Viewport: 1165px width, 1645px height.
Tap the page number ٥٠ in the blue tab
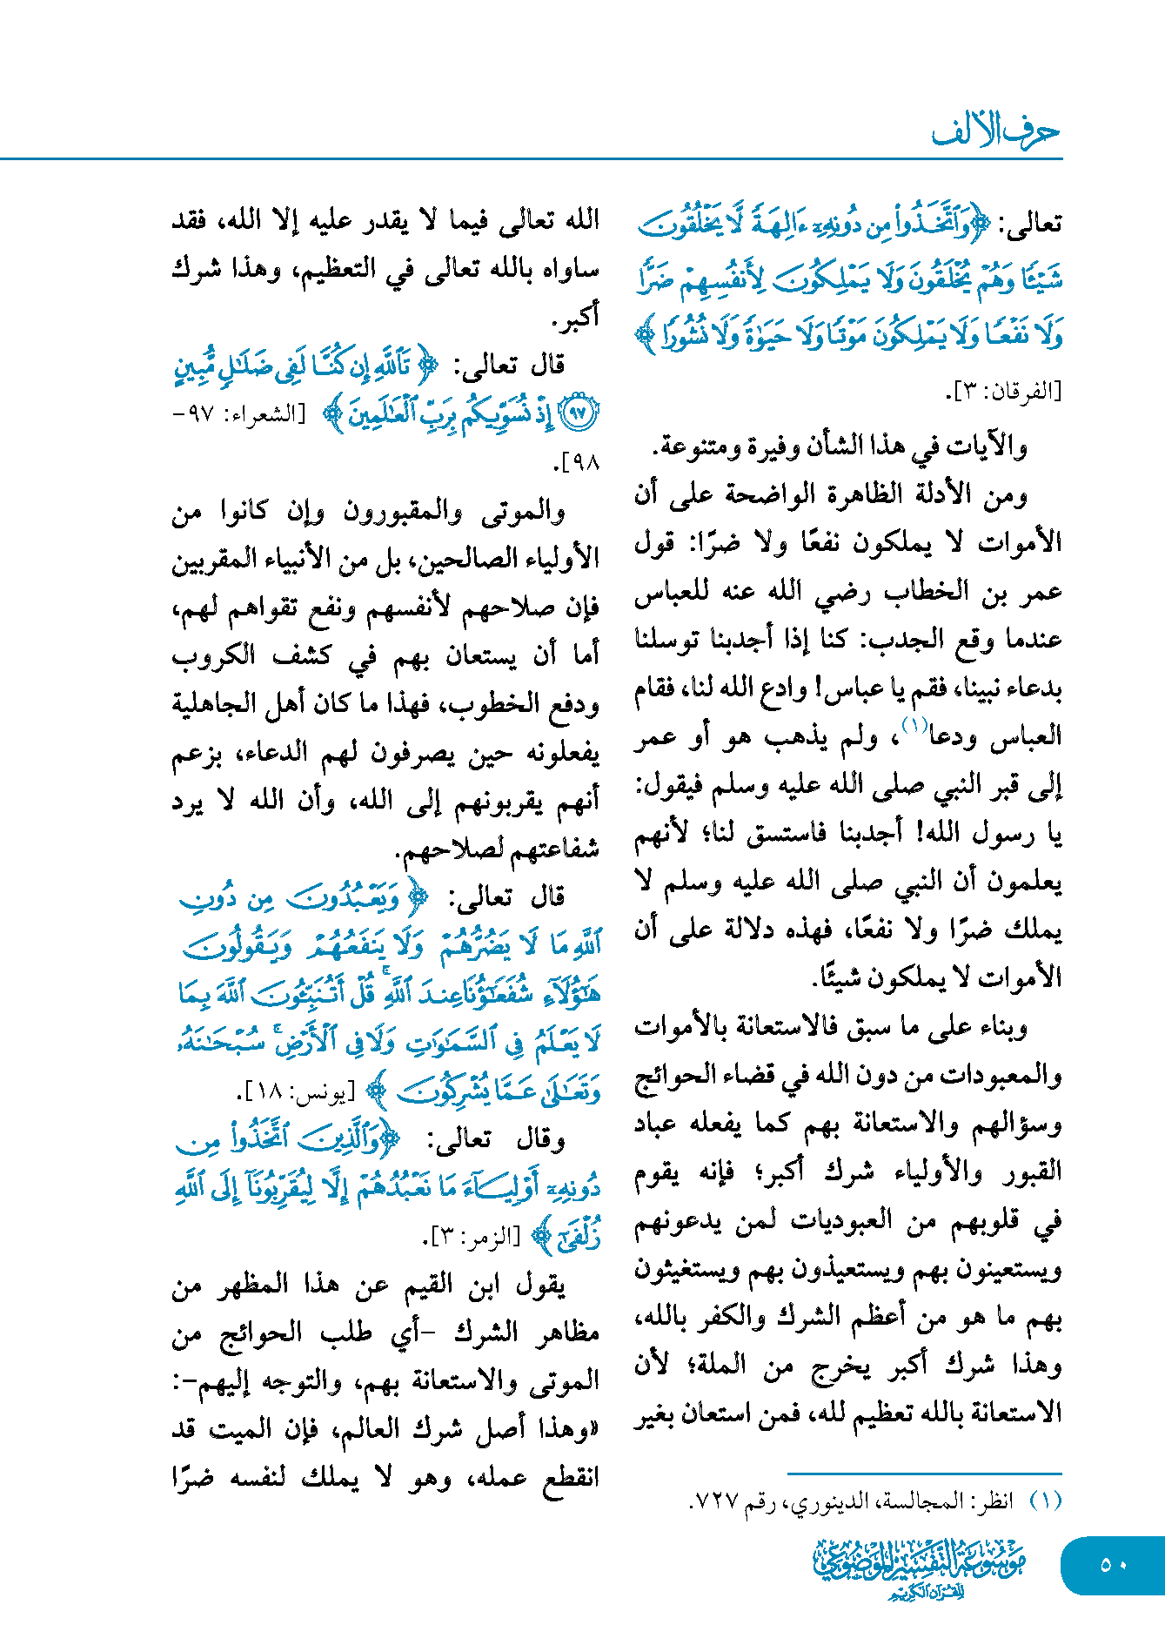(x=1113, y=1564)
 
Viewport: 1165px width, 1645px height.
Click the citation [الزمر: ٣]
(x=472, y=1237)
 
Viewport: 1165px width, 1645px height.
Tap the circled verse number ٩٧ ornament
(x=579, y=413)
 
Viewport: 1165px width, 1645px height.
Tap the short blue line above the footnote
(x=924, y=1473)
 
